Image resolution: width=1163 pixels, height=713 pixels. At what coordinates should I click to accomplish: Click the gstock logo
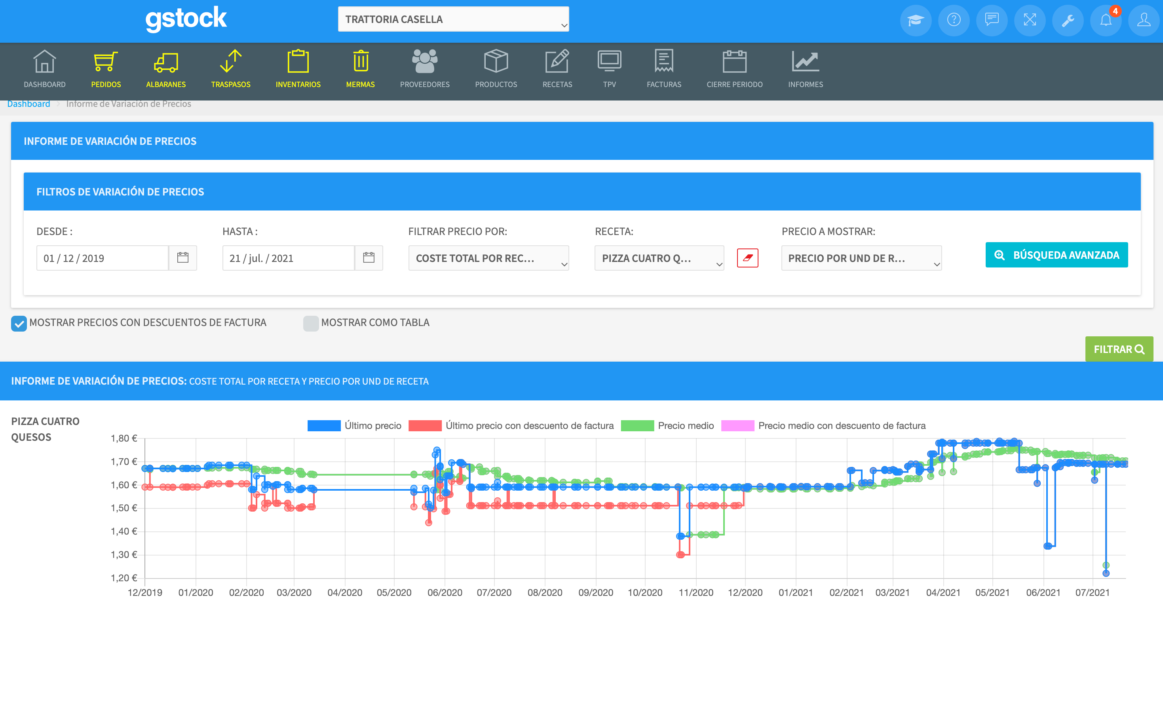point(186,19)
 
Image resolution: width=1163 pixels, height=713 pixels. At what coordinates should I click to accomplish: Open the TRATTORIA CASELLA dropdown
point(453,19)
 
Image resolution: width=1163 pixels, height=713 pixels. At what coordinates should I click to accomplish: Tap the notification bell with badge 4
point(1106,20)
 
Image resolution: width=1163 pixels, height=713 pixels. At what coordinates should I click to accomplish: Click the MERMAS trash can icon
point(361,62)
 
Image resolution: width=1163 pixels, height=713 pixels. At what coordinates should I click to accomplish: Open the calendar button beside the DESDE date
point(182,258)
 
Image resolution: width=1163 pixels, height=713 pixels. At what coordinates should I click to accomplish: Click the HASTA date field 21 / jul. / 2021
point(288,258)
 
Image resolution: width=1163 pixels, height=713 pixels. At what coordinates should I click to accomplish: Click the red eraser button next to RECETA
point(748,258)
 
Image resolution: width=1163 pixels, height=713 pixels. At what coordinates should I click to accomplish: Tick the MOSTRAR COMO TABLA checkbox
point(311,323)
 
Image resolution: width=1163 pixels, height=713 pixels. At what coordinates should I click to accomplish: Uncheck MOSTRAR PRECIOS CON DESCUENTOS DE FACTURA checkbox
point(19,323)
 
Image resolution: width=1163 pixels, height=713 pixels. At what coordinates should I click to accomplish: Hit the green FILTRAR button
point(1119,349)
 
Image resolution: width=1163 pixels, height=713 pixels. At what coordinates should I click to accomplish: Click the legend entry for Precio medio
point(685,426)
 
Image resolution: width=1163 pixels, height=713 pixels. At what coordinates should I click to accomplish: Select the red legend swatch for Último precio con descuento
point(425,426)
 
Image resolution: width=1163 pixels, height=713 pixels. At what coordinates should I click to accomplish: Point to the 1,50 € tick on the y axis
point(124,508)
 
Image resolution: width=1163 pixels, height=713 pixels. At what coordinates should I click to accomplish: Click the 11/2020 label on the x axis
point(696,593)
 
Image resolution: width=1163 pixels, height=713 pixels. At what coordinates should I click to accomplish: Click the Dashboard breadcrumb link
point(29,104)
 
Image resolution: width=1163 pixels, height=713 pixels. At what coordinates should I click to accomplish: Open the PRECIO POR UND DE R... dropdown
point(861,258)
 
